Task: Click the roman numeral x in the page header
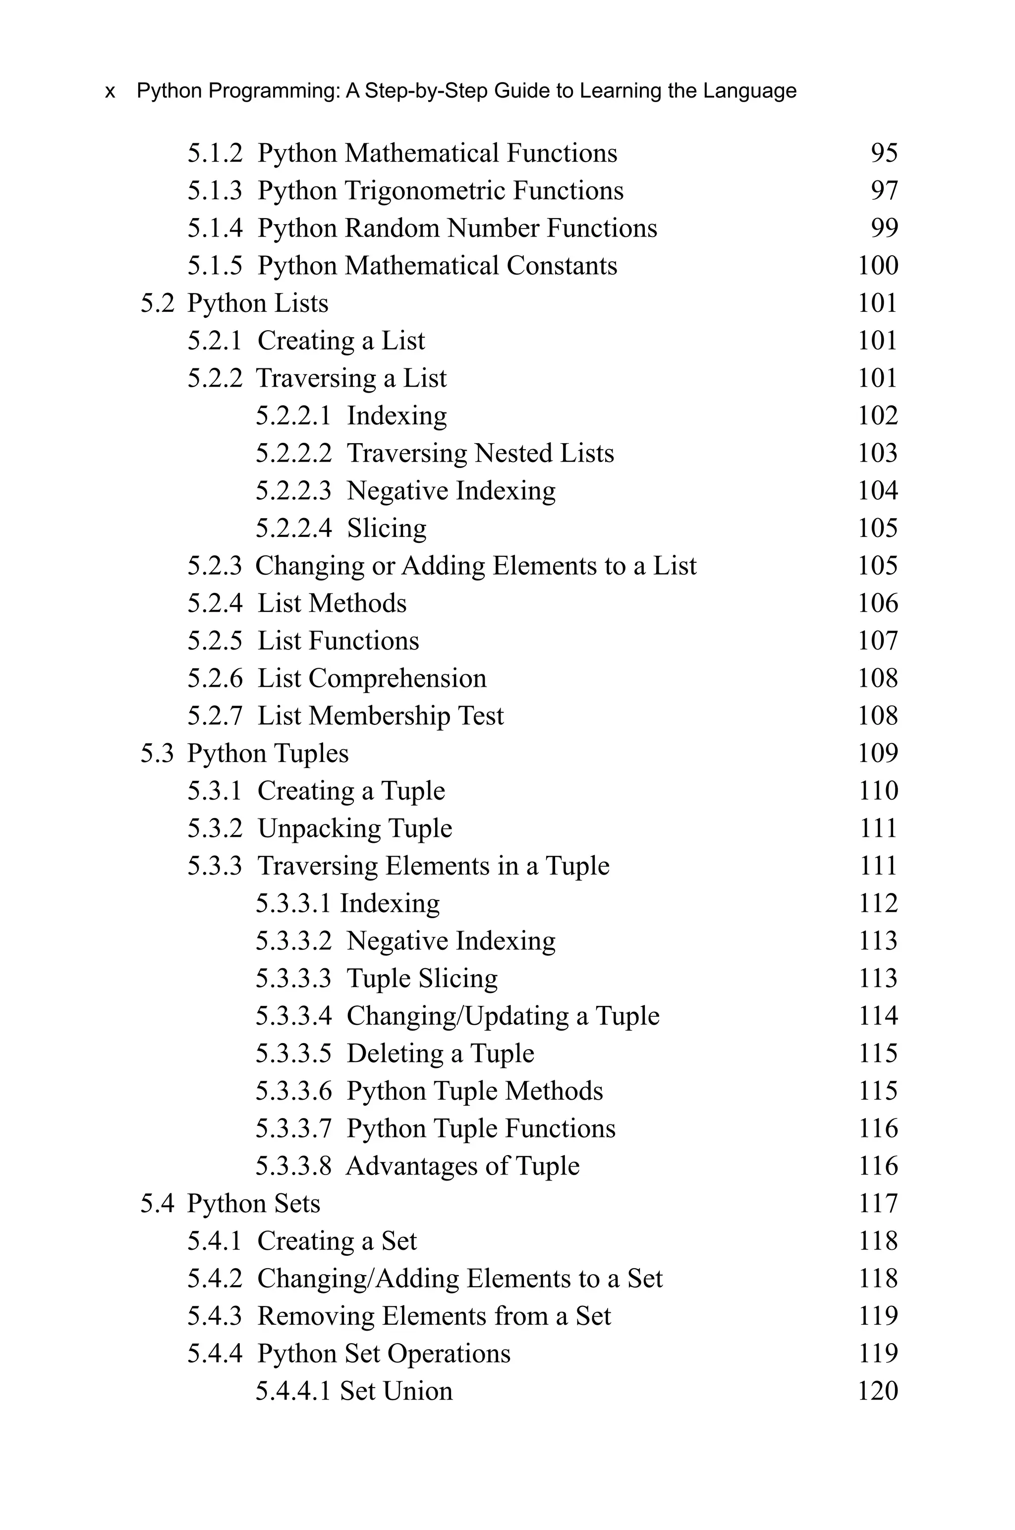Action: [110, 91]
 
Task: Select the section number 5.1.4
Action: [215, 228]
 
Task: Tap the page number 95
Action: [884, 154]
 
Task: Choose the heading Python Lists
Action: [258, 303]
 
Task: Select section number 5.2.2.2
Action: [293, 453]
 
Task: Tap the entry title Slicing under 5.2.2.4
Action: [387, 529]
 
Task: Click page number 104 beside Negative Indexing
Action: [878, 491]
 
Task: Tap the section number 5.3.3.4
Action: [293, 1016]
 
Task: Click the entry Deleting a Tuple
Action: [440, 1054]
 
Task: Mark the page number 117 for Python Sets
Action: [878, 1204]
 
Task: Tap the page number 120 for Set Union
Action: [878, 1392]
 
